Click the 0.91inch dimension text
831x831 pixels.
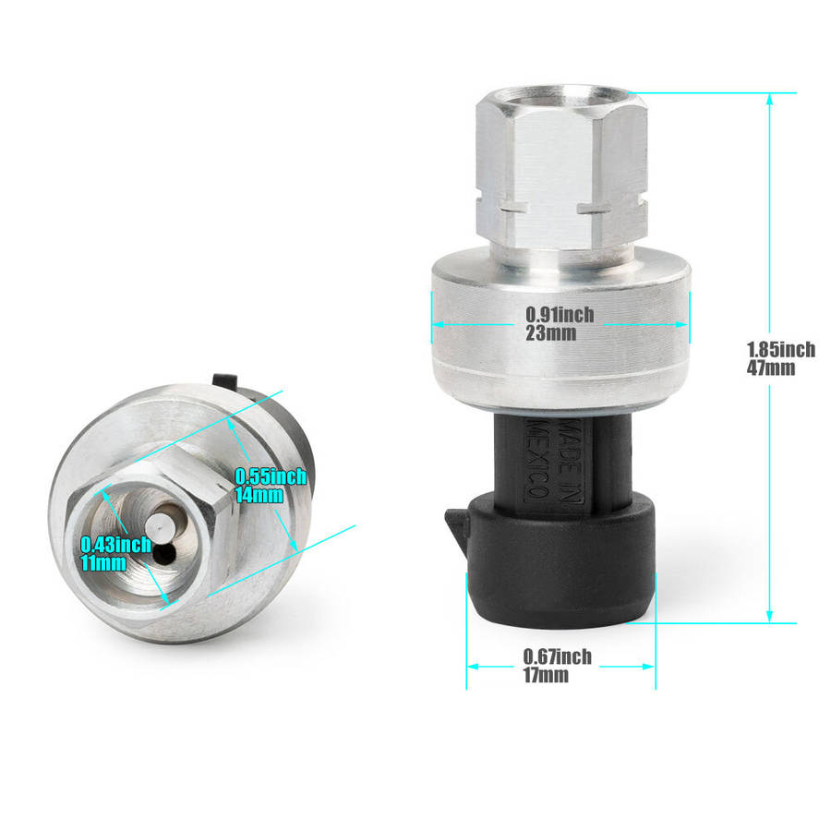(x=560, y=315)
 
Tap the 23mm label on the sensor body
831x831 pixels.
(x=550, y=333)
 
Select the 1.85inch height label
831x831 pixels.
(x=781, y=349)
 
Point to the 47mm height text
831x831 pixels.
(x=771, y=367)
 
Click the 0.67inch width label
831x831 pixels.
(x=558, y=656)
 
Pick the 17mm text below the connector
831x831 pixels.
(x=546, y=675)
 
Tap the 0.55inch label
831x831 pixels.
(x=271, y=476)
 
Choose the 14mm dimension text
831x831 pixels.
(x=259, y=495)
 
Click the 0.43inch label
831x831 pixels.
(x=116, y=544)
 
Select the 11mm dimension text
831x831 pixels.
(x=103, y=563)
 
